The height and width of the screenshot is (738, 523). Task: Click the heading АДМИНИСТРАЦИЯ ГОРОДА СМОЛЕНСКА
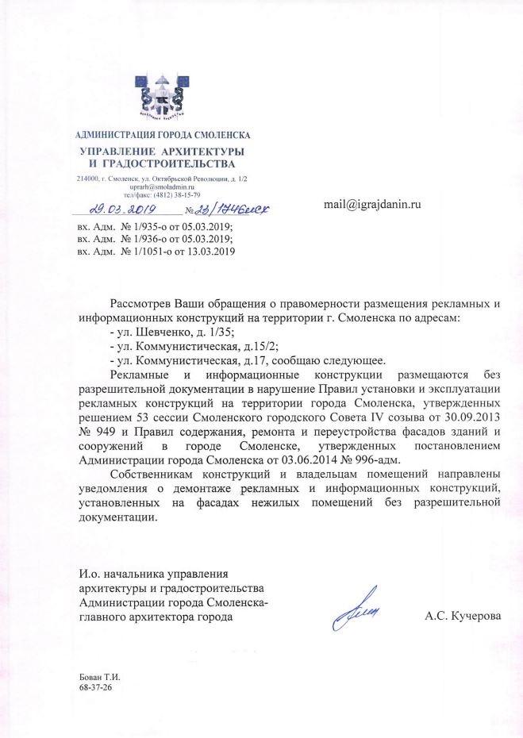pos(162,135)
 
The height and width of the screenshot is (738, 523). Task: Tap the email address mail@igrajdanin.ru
pos(371,204)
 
